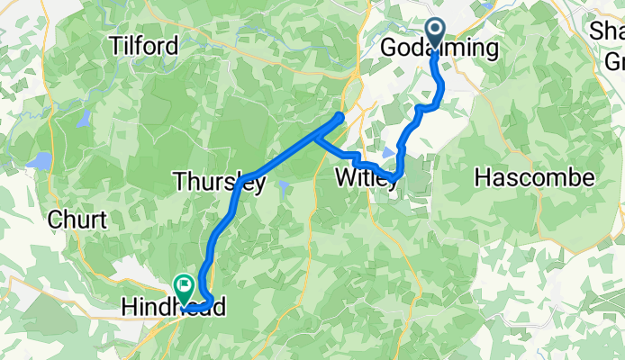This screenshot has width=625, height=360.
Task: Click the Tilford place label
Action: pyautogui.click(x=142, y=44)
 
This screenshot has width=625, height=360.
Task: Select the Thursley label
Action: pyautogui.click(x=219, y=183)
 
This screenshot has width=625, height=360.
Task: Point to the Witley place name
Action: pyautogui.click(x=367, y=178)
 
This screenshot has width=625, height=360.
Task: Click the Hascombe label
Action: pyautogui.click(x=535, y=177)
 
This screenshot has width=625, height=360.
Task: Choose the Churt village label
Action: pyautogui.click(x=77, y=220)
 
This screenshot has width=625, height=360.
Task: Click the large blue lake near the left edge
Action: pyautogui.click(x=41, y=162)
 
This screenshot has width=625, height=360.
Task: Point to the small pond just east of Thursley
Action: pyautogui.click(x=282, y=187)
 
